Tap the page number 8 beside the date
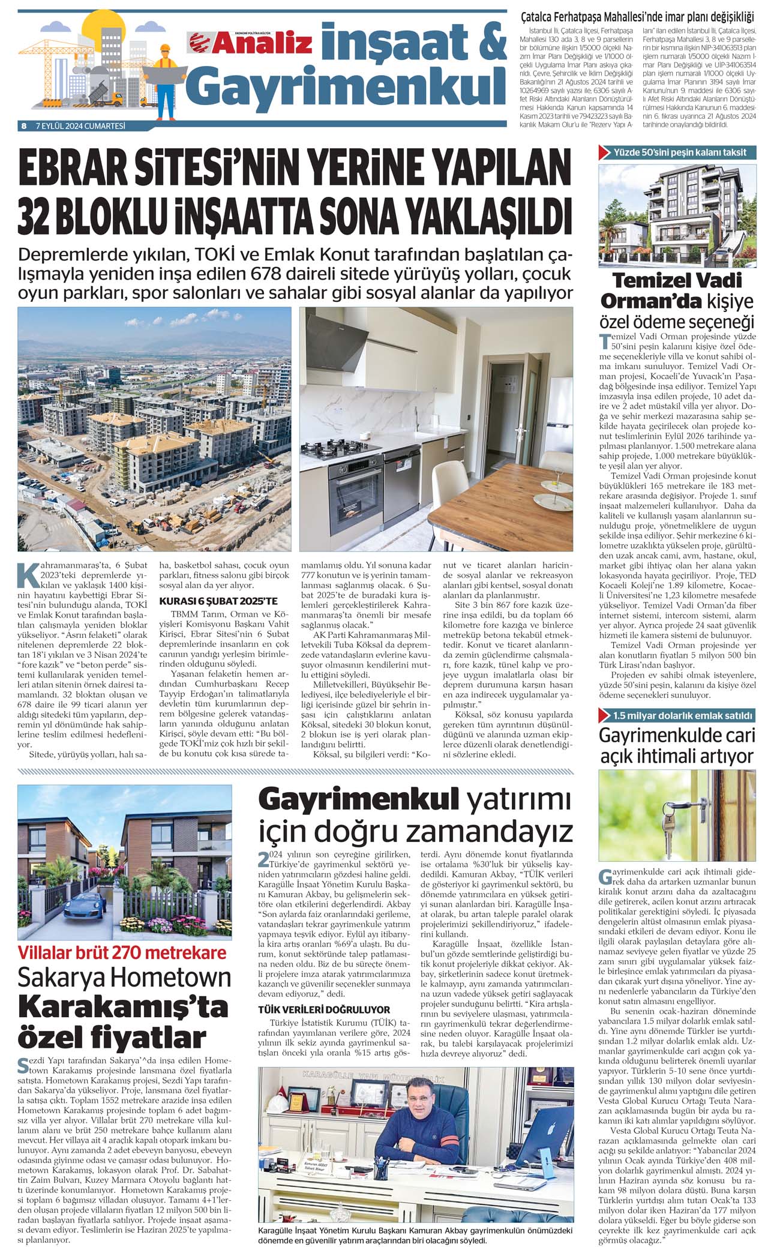[x=23, y=126]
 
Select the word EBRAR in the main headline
[x=76, y=172]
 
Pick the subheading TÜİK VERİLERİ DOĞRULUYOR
[x=324, y=1009]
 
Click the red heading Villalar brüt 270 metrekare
[x=122, y=953]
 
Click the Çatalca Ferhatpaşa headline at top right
[x=638, y=17]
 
